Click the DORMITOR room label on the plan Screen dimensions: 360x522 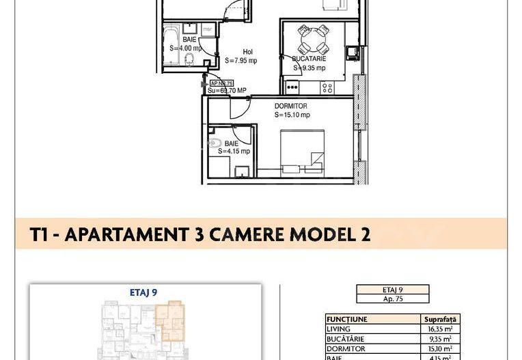coord(290,107)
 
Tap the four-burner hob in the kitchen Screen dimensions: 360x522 coord(327,87)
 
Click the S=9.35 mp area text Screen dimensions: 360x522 coord(310,68)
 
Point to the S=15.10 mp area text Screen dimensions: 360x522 coord(292,115)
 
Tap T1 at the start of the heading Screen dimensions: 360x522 coord(39,235)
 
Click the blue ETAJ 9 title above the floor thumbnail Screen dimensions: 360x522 coord(143,292)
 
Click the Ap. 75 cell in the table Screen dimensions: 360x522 coord(392,299)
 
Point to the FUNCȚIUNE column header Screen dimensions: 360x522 coord(347,319)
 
